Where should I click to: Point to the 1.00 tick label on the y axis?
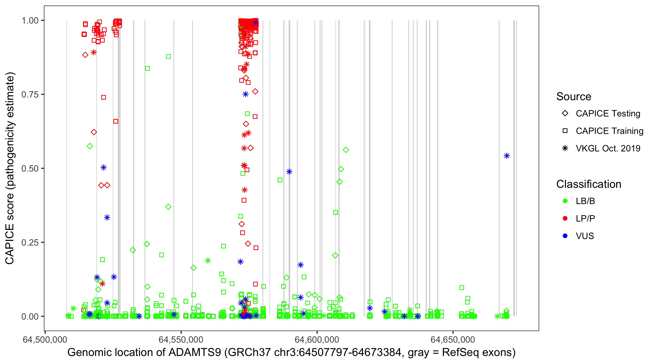(30, 21)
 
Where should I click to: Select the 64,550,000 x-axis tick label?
(181, 339)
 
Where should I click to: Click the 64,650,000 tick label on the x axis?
(453, 339)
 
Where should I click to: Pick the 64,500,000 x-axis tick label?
(45, 339)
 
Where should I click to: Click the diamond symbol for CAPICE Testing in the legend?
(565, 114)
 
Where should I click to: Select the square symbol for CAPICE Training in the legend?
(565, 131)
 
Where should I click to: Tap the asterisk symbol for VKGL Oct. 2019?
(565, 148)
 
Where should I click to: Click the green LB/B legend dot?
(565, 201)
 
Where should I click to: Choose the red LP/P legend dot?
(565, 218)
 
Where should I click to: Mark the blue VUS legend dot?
(565, 236)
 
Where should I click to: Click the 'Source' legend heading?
(574, 97)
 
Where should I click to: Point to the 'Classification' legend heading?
(589, 184)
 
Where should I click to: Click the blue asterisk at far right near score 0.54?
(507, 156)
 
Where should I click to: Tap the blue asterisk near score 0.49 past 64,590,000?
(289, 172)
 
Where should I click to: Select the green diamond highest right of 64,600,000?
(346, 150)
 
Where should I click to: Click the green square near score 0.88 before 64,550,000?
(168, 57)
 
